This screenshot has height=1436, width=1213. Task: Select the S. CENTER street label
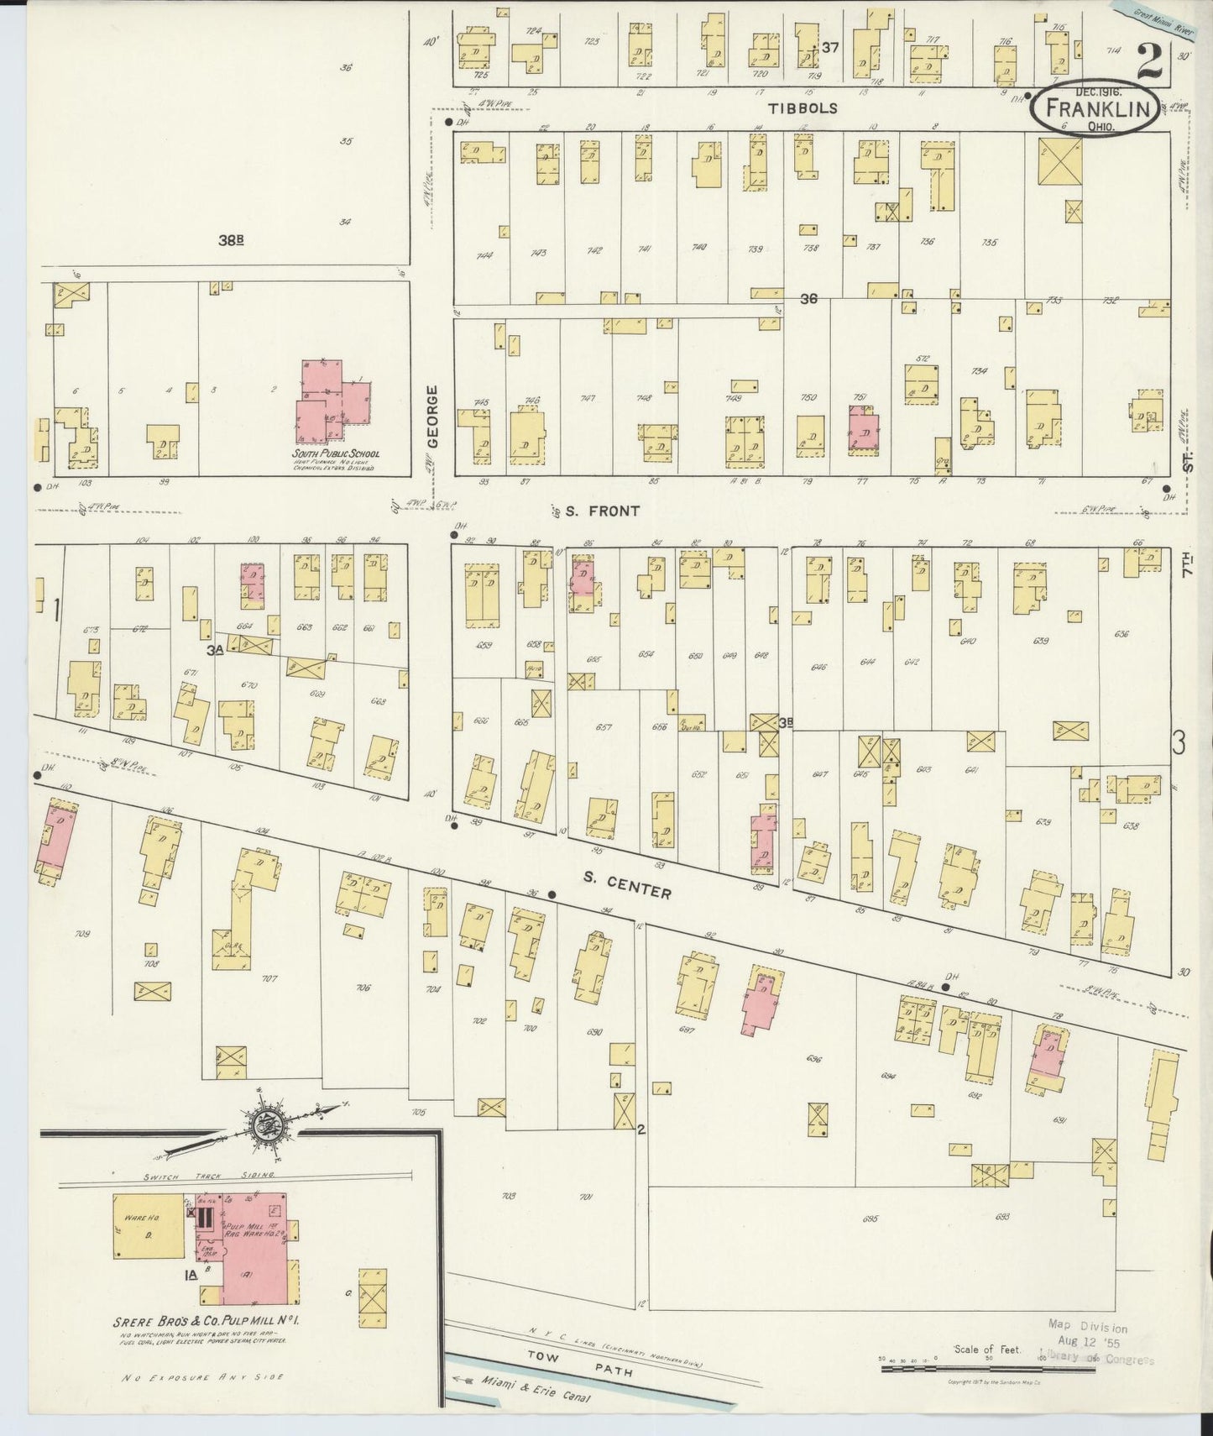(x=628, y=883)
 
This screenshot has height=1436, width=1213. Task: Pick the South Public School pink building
(x=332, y=401)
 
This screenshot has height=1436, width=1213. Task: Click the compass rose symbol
(x=270, y=1123)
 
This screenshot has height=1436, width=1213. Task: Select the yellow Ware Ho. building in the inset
(x=148, y=1226)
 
